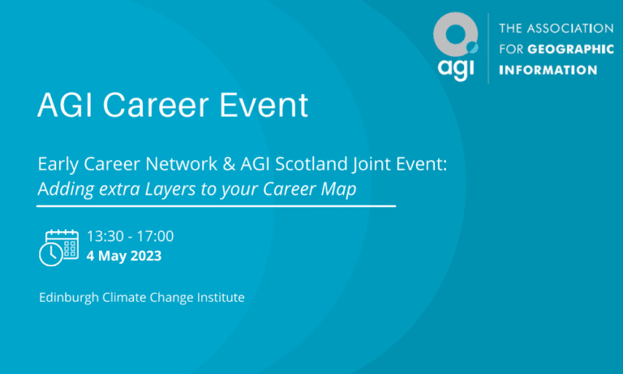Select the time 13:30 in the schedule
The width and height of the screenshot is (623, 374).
point(105,236)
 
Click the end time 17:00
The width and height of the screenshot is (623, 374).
point(156,236)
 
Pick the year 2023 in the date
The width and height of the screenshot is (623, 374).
point(145,256)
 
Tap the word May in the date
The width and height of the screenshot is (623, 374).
point(111,256)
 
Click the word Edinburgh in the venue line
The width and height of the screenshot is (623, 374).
point(68,298)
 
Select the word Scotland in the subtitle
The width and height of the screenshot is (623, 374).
point(311,165)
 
